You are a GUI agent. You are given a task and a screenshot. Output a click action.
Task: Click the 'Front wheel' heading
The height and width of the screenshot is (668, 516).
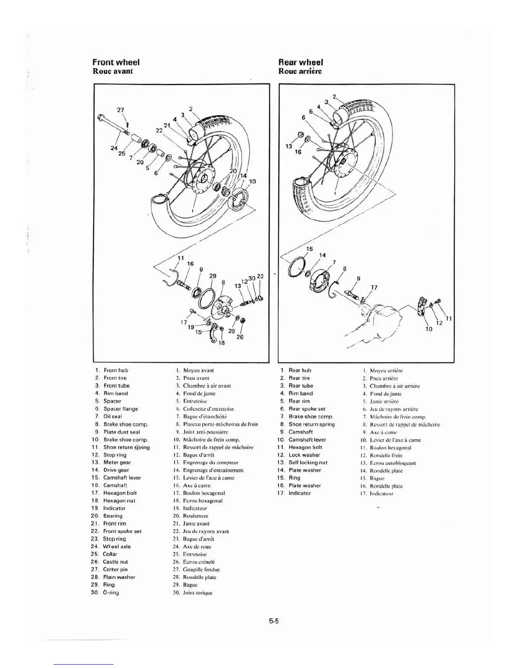click(x=116, y=62)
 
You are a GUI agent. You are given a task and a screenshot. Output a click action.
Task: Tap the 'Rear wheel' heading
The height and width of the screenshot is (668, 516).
click(x=301, y=62)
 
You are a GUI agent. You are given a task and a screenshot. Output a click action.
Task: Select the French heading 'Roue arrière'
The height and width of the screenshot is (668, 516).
click(x=300, y=71)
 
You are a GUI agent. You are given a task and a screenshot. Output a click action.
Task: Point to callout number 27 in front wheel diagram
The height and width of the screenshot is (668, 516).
click(x=121, y=110)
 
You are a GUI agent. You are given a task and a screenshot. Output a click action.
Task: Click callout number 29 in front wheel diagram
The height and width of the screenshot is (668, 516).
click(x=212, y=276)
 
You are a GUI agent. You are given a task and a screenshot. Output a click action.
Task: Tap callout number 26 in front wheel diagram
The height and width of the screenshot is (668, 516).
click(x=239, y=337)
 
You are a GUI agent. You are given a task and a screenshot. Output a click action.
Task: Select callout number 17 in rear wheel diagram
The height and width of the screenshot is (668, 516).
click(x=374, y=288)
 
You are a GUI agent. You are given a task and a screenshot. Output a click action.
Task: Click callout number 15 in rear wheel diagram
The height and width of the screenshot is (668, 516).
click(x=309, y=249)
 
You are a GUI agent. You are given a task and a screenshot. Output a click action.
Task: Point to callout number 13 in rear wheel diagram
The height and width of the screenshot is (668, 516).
click(x=289, y=146)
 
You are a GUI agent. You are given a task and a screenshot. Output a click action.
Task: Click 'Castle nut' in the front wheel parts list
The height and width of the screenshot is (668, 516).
click(x=115, y=562)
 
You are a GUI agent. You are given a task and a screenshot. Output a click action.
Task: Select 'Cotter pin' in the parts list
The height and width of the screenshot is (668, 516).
click(x=115, y=569)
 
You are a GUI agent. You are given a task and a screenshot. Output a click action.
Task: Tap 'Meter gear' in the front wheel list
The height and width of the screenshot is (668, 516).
click(x=117, y=462)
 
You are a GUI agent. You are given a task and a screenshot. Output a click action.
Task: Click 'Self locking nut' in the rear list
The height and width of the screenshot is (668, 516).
click(x=308, y=462)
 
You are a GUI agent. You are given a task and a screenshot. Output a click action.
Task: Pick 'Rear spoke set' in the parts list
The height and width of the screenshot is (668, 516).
click(x=306, y=409)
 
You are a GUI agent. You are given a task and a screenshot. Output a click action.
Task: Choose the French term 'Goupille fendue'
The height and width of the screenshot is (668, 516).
click(x=201, y=569)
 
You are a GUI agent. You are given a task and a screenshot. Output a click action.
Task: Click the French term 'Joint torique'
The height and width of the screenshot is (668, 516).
click(x=197, y=593)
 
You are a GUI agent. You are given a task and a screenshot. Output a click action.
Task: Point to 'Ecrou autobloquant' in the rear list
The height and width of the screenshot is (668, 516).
click(x=392, y=463)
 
